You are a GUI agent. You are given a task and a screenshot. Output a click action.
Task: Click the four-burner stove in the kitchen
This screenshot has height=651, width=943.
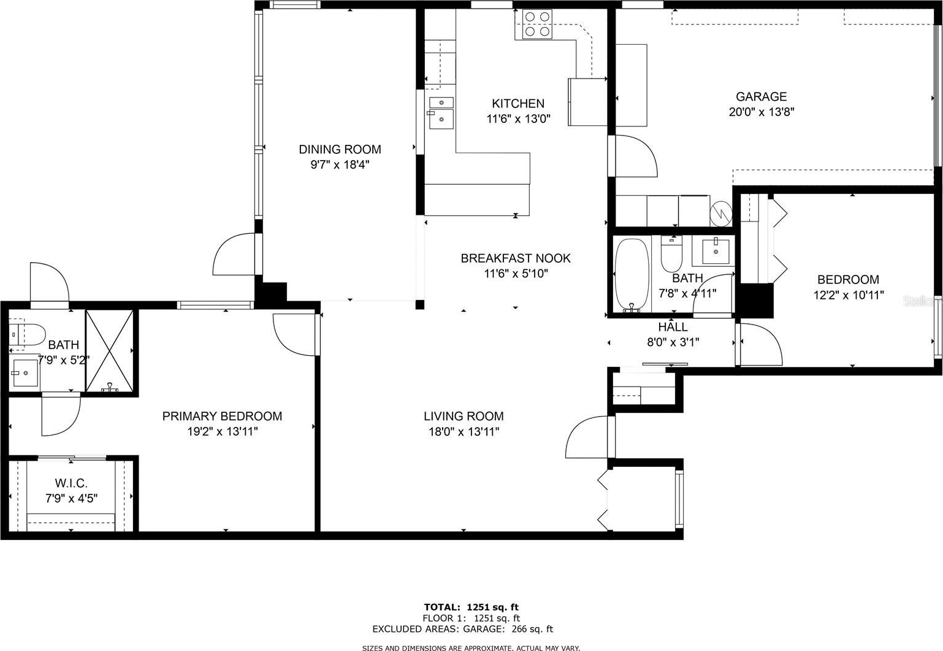point(537,25)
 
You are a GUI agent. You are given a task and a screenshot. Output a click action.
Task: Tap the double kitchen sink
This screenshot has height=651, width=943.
point(441,113)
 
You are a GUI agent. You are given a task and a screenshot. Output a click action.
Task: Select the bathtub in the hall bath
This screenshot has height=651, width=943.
point(632,275)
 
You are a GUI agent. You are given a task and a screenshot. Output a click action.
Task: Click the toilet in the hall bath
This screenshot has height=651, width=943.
point(671,253)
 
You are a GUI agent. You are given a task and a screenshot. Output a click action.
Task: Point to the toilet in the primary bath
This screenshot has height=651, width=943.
point(28,334)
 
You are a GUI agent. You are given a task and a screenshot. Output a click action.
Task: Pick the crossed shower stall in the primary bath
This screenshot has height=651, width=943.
point(110,351)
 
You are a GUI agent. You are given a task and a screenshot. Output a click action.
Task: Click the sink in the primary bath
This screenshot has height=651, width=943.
point(25,372)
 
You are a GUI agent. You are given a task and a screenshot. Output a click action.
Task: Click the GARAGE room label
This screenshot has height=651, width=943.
point(761,96)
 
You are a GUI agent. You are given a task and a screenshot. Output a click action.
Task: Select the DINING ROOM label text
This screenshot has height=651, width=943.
point(340,149)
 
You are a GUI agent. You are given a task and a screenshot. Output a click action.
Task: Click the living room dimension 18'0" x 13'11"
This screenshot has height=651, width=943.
point(464,431)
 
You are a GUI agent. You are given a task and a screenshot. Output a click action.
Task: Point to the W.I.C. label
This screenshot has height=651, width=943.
point(71,483)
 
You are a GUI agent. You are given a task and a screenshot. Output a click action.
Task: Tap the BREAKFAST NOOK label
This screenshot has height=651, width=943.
point(516,258)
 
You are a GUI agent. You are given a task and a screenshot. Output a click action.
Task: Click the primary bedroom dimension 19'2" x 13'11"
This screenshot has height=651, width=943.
point(223,431)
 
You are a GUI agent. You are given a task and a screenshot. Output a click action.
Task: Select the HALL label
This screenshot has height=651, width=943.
point(673,326)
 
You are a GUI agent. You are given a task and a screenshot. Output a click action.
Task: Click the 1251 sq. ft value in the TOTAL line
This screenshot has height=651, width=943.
point(492,607)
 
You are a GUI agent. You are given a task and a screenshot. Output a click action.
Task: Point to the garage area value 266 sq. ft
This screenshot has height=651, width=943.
point(532,629)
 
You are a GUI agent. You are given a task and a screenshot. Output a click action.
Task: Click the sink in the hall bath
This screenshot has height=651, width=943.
point(716,252)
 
